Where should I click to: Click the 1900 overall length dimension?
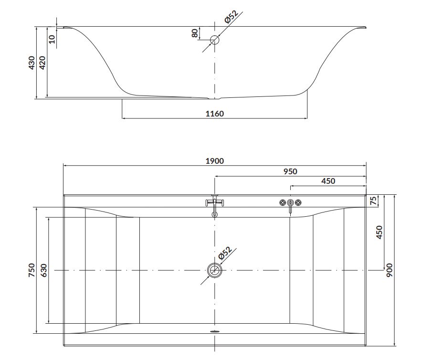214,161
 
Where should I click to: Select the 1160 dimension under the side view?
214,114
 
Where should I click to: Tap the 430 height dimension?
32,63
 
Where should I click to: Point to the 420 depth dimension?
42,63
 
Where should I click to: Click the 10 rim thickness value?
52,39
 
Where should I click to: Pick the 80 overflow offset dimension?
195,33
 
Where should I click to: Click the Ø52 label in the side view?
231,17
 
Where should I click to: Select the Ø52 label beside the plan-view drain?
225,253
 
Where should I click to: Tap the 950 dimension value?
290,171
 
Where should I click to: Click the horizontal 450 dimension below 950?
328,181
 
